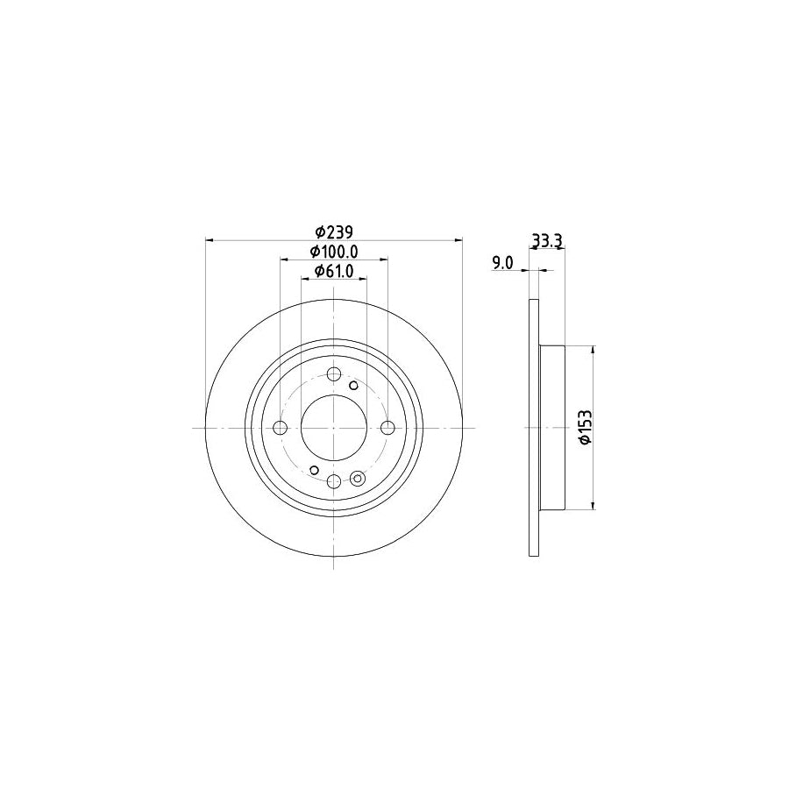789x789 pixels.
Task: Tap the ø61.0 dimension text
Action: pyautogui.click(x=333, y=271)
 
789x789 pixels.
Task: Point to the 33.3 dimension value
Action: pyautogui.click(x=547, y=240)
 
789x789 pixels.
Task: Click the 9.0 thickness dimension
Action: pyautogui.click(x=501, y=263)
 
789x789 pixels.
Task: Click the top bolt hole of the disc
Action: pyautogui.click(x=333, y=375)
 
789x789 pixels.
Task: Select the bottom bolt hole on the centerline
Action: pyautogui.click(x=333, y=480)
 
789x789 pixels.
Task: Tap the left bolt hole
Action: pyautogui.click(x=281, y=428)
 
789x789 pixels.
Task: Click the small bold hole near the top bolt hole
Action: pyautogui.click(x=354, y=385)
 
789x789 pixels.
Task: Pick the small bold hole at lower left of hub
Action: pyautogui.click(x=314, y=471)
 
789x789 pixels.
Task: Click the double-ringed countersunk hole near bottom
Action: pyautogui.click(x=357, y=478)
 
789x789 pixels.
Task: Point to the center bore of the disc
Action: pyautogui.click(x=333, y=428)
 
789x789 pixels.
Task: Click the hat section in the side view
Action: pyautogui.click(x=551, y=428)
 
